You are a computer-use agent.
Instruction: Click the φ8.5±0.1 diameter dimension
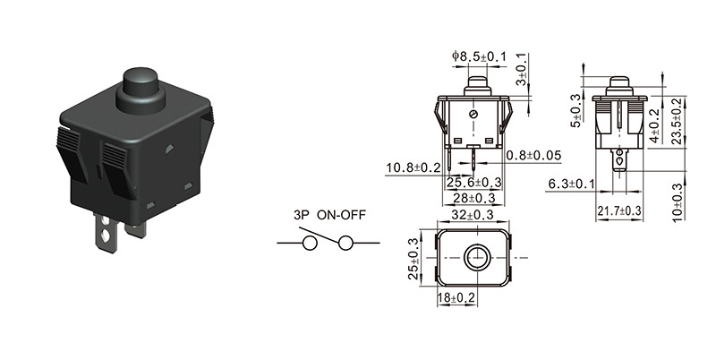[x=479, y=56]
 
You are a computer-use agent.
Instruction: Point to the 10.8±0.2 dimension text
[x=413, y=167]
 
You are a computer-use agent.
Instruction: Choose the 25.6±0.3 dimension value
[x=473, y=183]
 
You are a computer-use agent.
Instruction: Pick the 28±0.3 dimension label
[x=473, y=198]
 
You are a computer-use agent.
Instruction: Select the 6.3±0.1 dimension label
[x=572, y=184]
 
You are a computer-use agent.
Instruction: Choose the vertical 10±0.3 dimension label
[x=678, y=201]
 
